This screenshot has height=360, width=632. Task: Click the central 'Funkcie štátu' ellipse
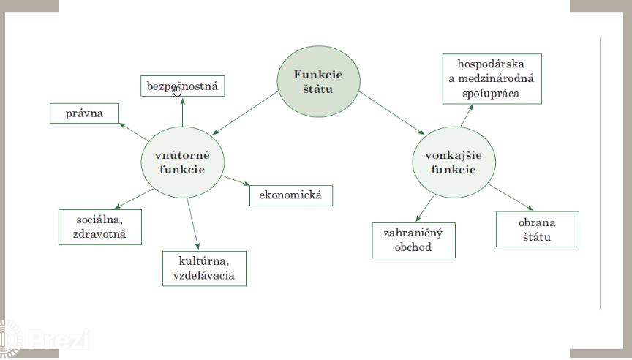click(317, 80)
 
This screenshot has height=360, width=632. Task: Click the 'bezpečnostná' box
click(183, 86)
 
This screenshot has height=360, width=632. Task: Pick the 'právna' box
click(85, 113)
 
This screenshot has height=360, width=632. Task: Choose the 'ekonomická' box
click(290, 196)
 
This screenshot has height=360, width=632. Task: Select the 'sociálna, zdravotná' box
click(99, 227)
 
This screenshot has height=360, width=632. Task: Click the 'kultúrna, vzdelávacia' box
click(204, 268)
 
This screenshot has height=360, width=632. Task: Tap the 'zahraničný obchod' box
click(413, 240)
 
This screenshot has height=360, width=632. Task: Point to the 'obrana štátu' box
click(537, 229)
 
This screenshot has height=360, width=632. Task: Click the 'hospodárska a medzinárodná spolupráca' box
click(492, 78)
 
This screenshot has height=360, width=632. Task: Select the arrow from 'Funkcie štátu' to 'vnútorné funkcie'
click(245, 113)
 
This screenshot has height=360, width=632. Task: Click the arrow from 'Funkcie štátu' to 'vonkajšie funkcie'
click(391, 113)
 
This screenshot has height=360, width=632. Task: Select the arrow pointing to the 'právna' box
click(134, 131)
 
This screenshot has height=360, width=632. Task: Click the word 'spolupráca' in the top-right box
click(492, 93)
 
